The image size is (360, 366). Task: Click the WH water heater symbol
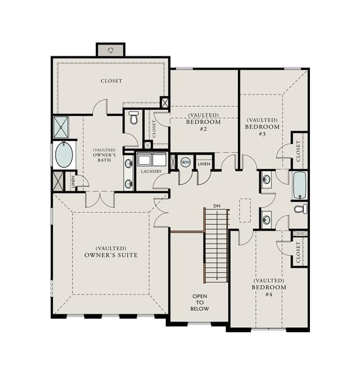[186, 162]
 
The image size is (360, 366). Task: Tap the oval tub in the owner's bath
[64, 154]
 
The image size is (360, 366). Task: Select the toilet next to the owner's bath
[133, 118]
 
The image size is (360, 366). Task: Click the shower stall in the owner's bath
[61, 128]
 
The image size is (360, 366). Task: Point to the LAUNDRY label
[151, 171]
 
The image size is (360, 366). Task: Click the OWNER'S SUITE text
[111, 255]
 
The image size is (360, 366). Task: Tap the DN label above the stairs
[217, 206]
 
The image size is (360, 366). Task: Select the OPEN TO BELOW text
[200, 302]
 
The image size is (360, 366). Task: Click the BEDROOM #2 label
[204, 125]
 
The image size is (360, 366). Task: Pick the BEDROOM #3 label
[262, 130]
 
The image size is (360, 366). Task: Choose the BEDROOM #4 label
[269, 290]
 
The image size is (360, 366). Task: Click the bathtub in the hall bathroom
[300, 186]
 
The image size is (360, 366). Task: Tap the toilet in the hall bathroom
[300, 209]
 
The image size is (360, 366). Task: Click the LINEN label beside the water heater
[204, 164]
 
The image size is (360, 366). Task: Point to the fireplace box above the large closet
[111, 49]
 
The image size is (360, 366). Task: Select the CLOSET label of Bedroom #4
[298, 252]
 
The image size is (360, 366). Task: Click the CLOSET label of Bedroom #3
[298, 151]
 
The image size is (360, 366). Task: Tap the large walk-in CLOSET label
[111, 81]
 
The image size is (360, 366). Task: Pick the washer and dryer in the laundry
[152, 160]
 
